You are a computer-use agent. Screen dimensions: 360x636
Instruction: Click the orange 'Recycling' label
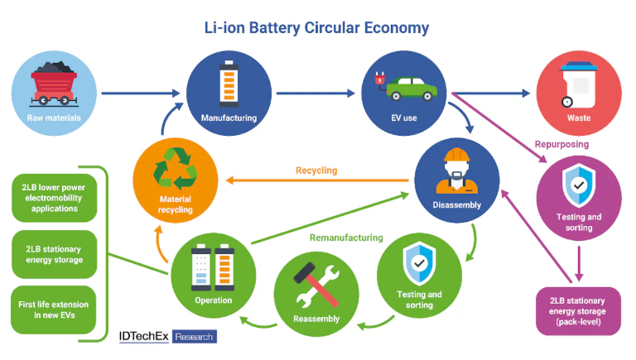316,170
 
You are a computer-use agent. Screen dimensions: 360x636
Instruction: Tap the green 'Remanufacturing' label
348,238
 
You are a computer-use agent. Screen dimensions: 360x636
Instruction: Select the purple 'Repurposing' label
561,144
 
